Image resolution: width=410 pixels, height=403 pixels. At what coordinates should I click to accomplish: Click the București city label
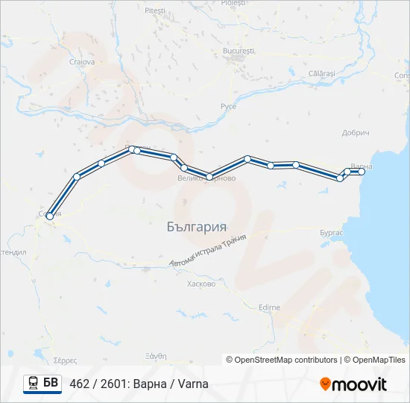[239, 50]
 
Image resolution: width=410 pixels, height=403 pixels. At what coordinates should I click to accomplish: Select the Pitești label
[156, 11]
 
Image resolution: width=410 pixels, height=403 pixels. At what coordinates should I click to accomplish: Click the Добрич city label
[356, 132]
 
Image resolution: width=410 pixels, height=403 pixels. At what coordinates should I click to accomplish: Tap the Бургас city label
[330, 233]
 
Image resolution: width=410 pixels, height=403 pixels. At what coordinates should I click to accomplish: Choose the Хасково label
[202, 284]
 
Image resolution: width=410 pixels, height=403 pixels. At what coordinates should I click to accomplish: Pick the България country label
[197, 226]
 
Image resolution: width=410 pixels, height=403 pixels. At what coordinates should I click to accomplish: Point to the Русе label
[228, 107]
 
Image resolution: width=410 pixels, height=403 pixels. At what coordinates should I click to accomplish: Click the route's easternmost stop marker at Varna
[362, 172]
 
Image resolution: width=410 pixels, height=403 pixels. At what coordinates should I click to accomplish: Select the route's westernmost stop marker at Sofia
[49, 216]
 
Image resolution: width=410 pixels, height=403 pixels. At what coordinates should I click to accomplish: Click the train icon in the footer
[34, 384]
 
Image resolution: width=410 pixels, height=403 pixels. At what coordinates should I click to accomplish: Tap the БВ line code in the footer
[51, 384]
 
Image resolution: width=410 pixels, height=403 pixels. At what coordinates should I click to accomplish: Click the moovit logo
[353, 384]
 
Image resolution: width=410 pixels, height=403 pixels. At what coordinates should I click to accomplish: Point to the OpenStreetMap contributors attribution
[282, 360]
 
